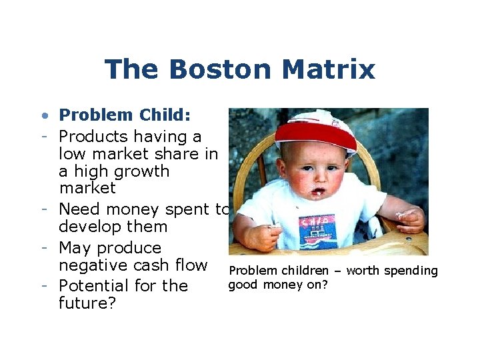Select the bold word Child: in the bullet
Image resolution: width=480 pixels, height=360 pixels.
[165, 115]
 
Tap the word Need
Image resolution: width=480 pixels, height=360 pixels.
[78, 209]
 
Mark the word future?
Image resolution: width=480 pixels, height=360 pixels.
[87, 303]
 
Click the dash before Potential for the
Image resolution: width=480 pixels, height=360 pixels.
[43, 286]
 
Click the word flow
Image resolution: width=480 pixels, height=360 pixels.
[192, 265]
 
